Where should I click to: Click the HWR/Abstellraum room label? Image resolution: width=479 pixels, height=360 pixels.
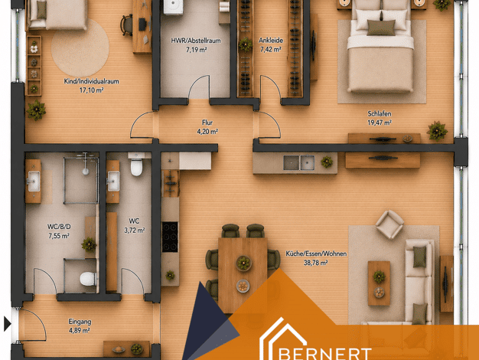(x=196, y=41)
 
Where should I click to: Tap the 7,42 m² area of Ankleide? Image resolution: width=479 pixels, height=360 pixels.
(x=271, y=49)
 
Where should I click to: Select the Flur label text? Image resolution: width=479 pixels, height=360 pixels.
(x=207, y=123)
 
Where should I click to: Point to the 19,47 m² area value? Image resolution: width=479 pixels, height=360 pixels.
(x=380, y=123)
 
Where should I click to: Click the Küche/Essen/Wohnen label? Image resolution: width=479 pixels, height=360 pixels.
(x=316, y=254)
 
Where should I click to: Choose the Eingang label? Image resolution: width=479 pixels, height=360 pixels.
(x=80, y=322)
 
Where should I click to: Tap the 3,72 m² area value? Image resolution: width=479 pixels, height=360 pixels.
(x=135, y=230)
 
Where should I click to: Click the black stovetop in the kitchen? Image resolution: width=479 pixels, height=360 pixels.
(x=170, y=237)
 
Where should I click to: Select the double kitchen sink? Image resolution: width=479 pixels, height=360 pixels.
(x=298, y=162)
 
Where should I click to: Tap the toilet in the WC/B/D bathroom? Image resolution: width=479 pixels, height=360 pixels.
(x=88, y=279)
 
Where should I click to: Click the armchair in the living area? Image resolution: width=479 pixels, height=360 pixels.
(x=389, y=224)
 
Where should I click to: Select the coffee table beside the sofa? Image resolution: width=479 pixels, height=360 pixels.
(x=379, y=283)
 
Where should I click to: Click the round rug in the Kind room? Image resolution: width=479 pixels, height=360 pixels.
(x=80, y=47)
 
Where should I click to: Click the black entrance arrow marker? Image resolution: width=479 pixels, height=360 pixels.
(x=8, y=324)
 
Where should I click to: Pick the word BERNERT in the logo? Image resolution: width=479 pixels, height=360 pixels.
(x=326, y=354)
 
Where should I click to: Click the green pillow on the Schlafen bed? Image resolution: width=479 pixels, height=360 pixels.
(x=381, y=28)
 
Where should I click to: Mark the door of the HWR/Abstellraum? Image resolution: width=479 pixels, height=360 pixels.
(x=199, y=87)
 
